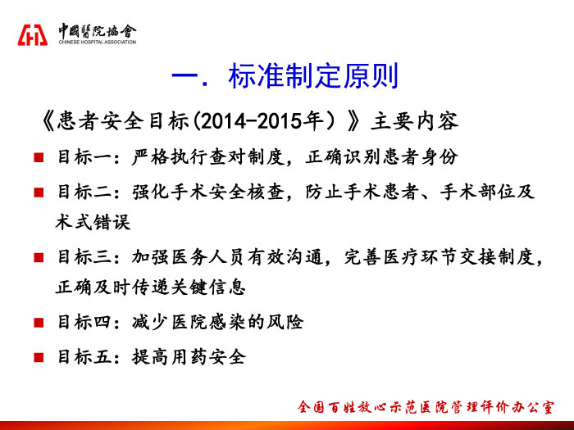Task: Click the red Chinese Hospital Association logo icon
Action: [x=33, y=35]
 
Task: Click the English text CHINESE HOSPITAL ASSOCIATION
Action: [x=98, y=42]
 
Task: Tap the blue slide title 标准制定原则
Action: [x=313, y=76]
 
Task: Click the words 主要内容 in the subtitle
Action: [x=414, y=121]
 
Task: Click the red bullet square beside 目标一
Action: [x=39, y=157]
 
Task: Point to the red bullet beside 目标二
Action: [x=39, y=192]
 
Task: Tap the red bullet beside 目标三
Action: [x=39, y=257]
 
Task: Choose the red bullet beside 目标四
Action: [x=39, y=323]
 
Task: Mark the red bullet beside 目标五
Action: [x=39, y=357]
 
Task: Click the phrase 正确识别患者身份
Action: [x=382, y=157]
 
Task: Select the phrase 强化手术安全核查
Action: [x=208, y=192]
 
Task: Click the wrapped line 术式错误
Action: [x=93, y=222]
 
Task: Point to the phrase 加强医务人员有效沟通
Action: [x=227, y=257]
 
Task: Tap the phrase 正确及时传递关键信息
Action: [x=150, y=287]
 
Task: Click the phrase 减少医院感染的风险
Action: [x=218, y=322]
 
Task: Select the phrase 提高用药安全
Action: [x=189, y=357]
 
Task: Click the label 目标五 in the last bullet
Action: [x=84, y=357]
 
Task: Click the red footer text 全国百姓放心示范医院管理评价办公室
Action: [x=426, y=407]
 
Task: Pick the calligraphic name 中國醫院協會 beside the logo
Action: [x=98, y=31]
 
